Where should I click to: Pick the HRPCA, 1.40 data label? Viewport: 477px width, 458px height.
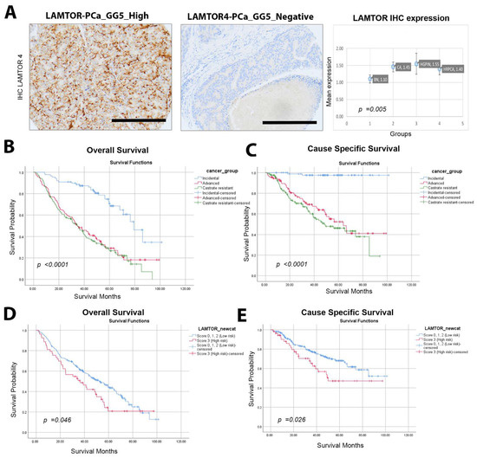pyautogui.click(x=453, y=68)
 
